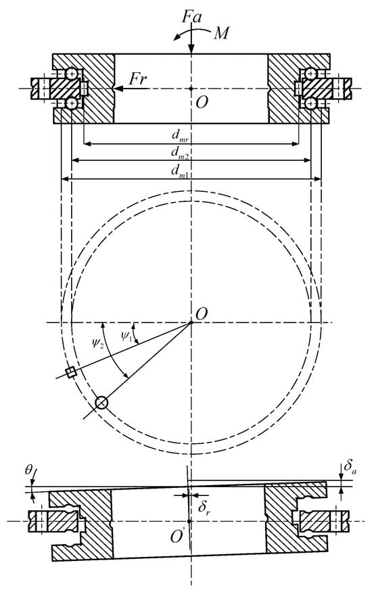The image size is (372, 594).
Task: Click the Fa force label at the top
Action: [192, 17]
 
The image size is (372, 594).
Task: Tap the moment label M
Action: [221, 34]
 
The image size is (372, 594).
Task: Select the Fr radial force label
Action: [138, 79]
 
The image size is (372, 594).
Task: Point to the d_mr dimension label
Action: [181, 136]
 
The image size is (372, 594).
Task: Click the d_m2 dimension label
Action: [180, 153]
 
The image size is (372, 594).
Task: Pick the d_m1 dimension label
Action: [181, 171]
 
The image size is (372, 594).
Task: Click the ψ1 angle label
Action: [126, 337]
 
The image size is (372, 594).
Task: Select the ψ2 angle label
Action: [98, 344]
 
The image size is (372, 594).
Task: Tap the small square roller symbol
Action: [71, 373]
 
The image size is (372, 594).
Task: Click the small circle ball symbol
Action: [101, 403]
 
